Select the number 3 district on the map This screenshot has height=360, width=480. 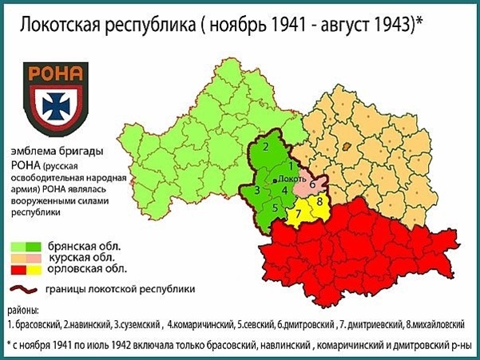pyautogui.click(x=256, y=191)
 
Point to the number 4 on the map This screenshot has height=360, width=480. pyautogui.click(x=284, y=191)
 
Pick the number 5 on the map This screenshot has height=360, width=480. pyautogui.click(x=274, y=208)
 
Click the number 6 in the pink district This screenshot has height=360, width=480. pyautogui.click(x=312, y=184)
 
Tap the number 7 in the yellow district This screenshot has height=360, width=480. pyautogui.click(x=298, y=216)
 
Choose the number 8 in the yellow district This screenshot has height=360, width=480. pyautogui.click(x=319, y=202)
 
